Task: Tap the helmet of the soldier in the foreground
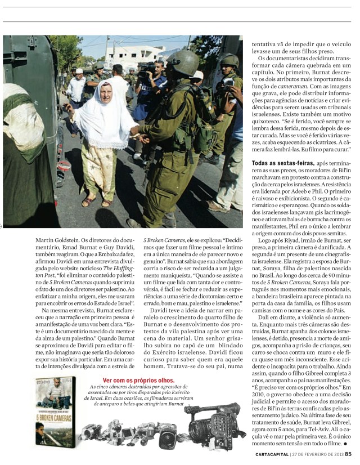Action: (x=181, y=62)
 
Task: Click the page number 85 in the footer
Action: (x=348, y=454)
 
